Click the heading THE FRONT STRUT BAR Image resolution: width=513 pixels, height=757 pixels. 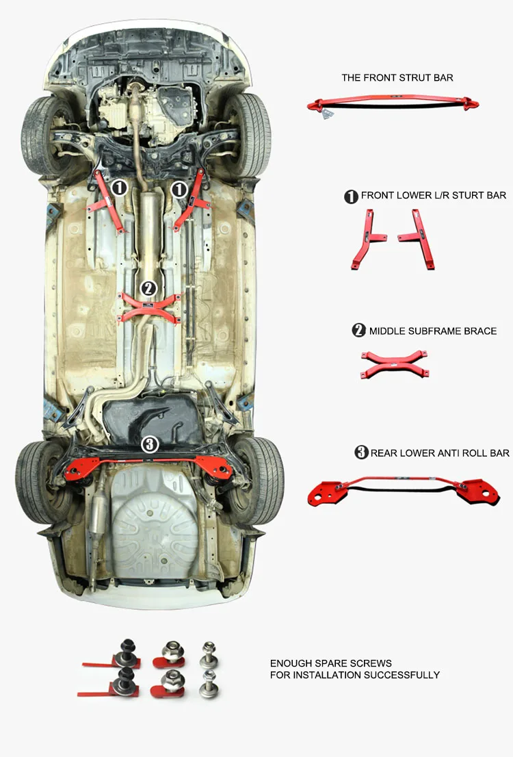point(397,78)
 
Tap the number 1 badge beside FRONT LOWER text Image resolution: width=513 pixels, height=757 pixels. point(351,196)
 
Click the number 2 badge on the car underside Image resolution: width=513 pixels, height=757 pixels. point(149,288)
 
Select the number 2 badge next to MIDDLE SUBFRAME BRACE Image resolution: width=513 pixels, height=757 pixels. point(359,331)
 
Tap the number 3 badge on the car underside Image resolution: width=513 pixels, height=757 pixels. point(150,444)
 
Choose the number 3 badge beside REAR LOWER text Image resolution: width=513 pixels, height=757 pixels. point(361,452)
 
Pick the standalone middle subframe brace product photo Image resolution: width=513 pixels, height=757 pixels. point(395,364)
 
